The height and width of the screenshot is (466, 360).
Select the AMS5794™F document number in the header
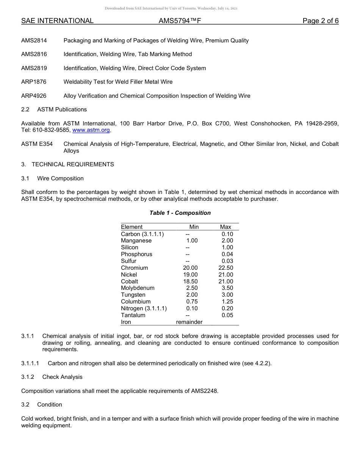[180, 21]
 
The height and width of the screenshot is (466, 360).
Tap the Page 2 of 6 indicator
[320, 21]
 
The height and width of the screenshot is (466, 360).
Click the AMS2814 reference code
[34, 41]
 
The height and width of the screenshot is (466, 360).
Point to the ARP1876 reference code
[34, 82]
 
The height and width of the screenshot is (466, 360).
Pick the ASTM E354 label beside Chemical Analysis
[37, 144]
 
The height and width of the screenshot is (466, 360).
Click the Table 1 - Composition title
[180, 213]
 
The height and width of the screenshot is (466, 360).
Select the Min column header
[194, 227]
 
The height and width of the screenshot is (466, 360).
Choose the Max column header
[225, 227]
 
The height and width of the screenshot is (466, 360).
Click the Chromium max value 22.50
[226, 268]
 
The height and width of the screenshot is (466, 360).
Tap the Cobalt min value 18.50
[190, 281]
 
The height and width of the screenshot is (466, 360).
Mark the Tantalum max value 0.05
[227, 315]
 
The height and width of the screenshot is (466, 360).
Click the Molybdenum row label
[138, 288]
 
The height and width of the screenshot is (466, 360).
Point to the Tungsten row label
[133, 295]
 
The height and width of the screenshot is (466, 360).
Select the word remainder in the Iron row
[189, 322]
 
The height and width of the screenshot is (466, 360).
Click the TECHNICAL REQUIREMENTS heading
[73, 164]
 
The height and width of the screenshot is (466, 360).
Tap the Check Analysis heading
[62, 377]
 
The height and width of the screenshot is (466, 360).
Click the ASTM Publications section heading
[62, 109]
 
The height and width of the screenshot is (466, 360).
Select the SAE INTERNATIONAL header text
[57, 21]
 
